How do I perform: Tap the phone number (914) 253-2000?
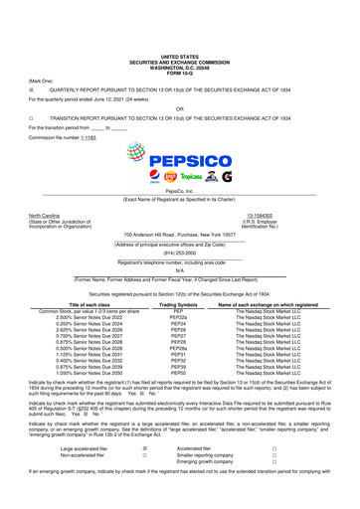pyautogui.click(x=180, y=252)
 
